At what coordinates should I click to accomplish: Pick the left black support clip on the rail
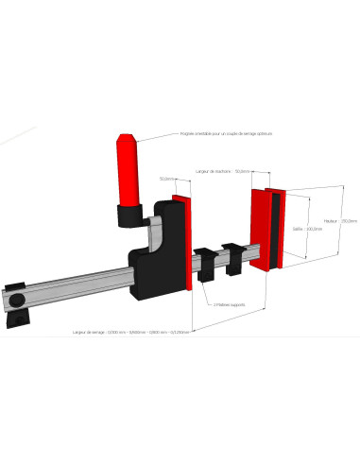205,262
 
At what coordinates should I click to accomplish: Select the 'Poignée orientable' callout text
225,133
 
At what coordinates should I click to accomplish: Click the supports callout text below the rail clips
231,304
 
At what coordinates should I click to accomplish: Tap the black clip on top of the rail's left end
14,286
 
